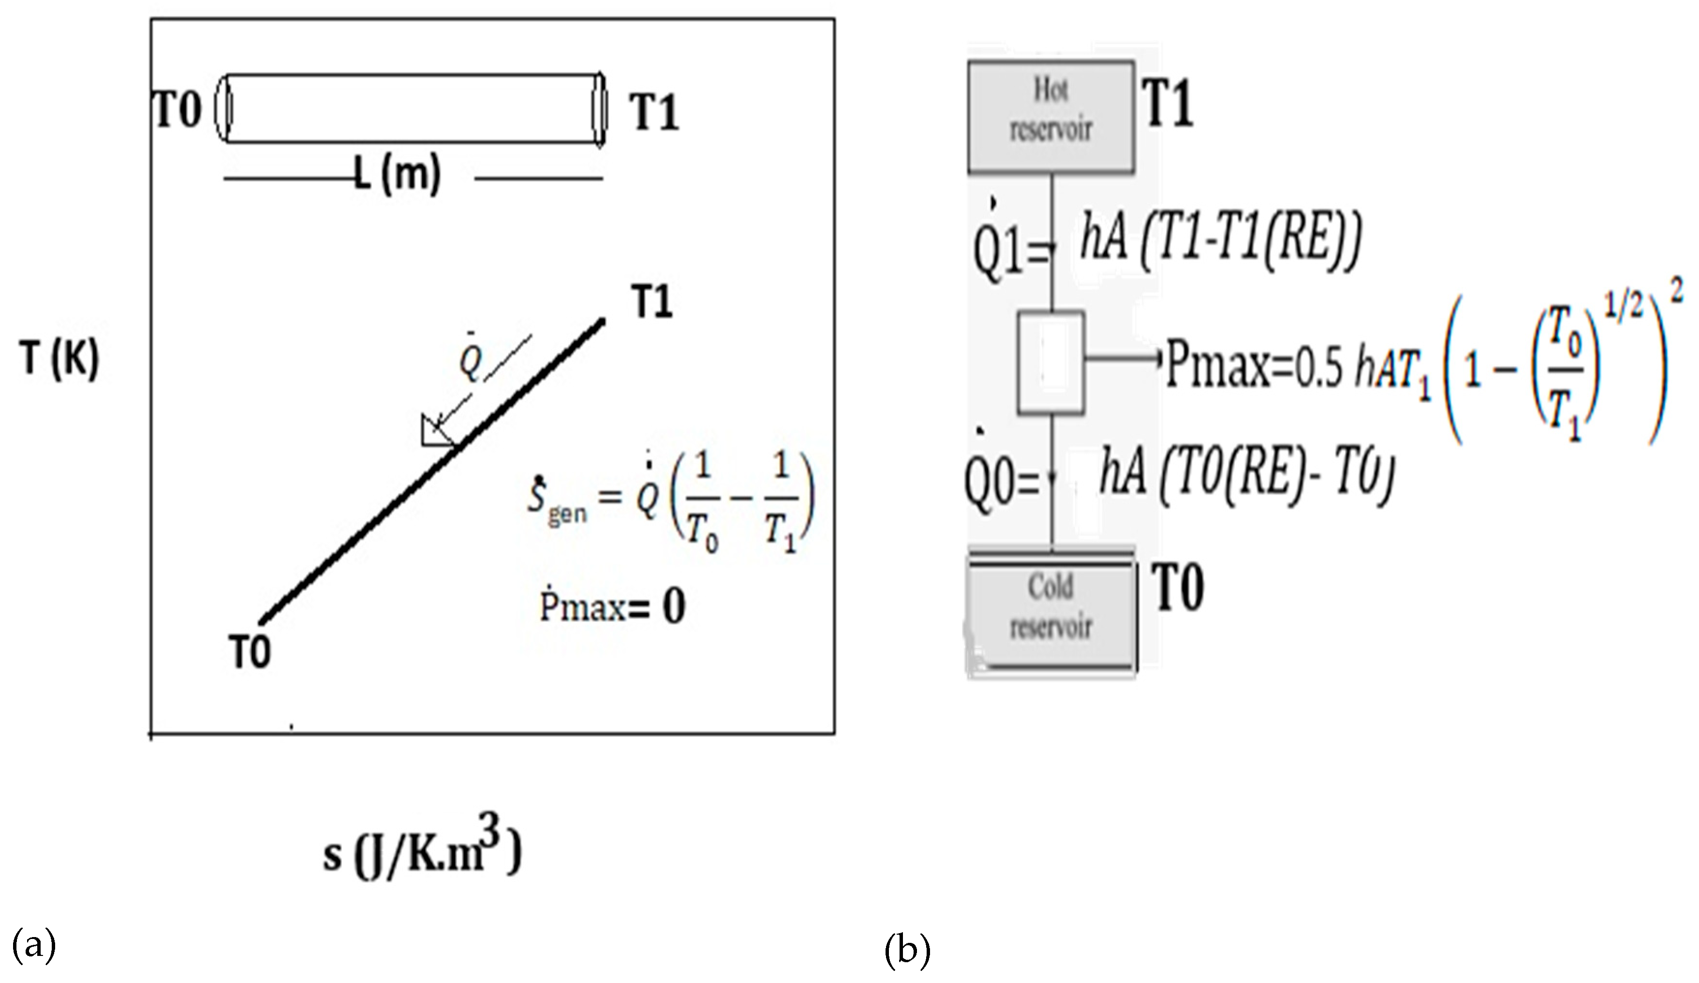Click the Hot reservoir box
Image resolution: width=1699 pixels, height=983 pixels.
[x=1050, y=116]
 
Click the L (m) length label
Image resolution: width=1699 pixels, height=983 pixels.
[x=398, y=174]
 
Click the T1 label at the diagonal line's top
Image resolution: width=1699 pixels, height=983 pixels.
[x=652, y=301]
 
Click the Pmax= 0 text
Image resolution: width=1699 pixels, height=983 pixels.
[x=612, y=606]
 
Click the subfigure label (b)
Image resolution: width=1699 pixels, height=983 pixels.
[x=907, y=949]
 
